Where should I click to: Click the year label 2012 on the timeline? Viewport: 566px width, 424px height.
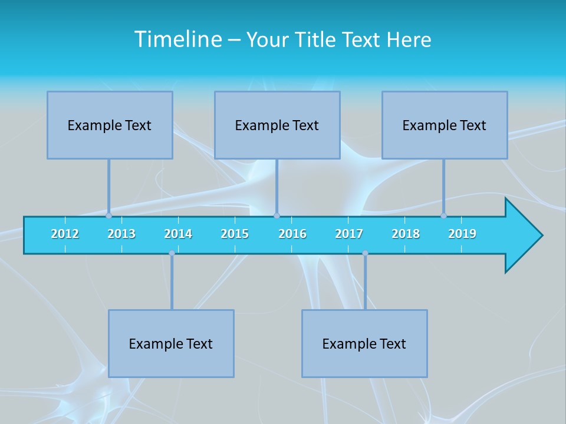(x=65, y=234)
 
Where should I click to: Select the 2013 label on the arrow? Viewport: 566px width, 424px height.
(x=121, y=234)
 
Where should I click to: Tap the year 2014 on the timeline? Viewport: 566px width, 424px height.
(x=178, y=234)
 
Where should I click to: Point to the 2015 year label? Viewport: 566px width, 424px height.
(x=235, y=234)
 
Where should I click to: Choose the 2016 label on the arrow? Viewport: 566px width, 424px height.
(x=292, y=234)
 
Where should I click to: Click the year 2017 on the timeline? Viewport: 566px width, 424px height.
(x=349, y=234)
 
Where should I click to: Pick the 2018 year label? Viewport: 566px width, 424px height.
(x=406, y=234)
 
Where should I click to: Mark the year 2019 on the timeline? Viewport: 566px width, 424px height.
(x=462, y=234)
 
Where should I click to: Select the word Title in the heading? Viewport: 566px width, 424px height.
(x=316, y=39)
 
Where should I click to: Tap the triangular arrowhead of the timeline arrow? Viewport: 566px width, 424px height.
(x=522, y=236)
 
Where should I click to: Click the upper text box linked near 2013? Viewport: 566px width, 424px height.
(x=110, y=125)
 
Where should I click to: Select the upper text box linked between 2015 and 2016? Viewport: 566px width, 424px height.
(x=277, y=125)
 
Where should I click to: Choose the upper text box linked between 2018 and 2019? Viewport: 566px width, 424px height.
(x=445, y=125)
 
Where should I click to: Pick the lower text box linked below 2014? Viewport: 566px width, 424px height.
(x=171, y=343)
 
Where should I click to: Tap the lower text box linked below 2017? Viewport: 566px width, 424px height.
(x=364, y=343)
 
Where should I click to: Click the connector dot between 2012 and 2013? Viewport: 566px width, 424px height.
(x=109, y=216)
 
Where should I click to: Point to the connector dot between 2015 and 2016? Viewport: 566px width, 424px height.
(x=277, y=216)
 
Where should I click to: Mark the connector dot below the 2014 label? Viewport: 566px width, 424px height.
(x=172, y=253)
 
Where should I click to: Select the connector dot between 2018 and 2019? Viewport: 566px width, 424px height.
(x=444, y=216)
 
